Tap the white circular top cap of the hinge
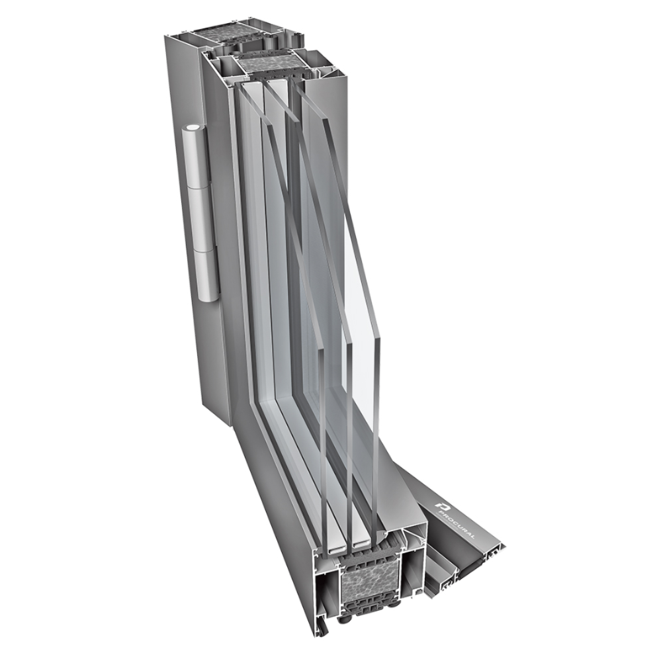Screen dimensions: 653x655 point(195,128)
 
